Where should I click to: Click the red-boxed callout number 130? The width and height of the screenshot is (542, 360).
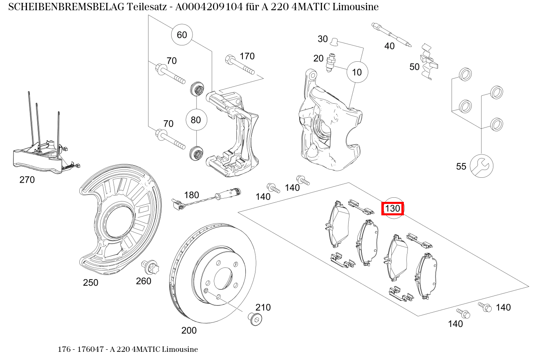[392, 209]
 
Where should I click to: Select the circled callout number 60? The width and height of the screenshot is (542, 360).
[182, 35]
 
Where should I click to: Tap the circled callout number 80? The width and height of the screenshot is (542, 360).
[196, 120]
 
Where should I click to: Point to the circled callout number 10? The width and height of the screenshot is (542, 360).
[357, 72]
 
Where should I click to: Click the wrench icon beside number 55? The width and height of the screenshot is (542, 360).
[482, 166]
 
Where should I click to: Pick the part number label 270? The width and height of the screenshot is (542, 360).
[27, 180]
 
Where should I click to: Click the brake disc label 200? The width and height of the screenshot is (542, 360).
[189, 330]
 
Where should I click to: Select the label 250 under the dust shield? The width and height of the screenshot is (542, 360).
[91, 283]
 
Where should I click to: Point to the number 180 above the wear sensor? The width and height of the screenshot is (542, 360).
[191, 195]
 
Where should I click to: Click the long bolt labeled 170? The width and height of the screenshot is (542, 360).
[239, 65]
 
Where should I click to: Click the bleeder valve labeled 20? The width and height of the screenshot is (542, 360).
[331, 63]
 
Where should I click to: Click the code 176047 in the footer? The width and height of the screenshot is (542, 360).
[88, 349]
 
